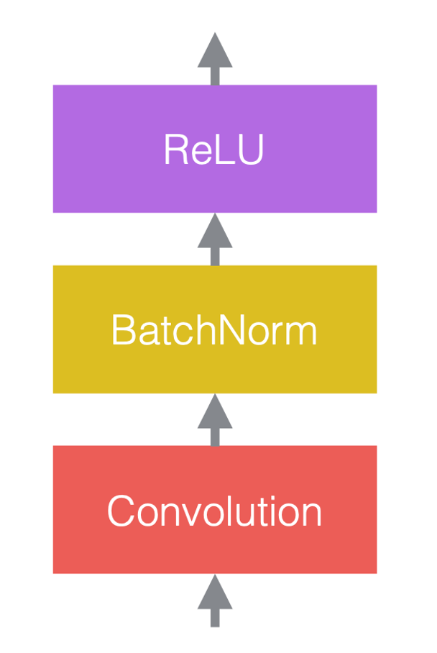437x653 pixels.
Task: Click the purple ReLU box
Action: [215, 149]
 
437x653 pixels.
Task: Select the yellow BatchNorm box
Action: [215, 329]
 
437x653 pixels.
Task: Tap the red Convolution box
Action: [215, 509]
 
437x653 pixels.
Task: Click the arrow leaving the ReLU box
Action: [215, 59]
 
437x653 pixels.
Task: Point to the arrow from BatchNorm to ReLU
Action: [215, 239]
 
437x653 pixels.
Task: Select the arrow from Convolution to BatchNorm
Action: [215, 419]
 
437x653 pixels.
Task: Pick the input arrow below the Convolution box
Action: [215, 601]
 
